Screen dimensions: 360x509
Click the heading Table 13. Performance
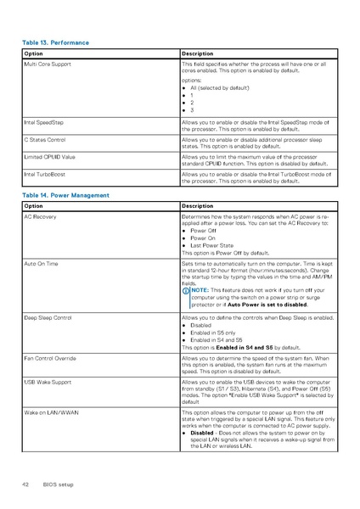56,42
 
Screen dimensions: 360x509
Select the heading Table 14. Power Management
65,195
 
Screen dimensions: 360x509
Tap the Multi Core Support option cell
48,64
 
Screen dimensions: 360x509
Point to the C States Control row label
46,139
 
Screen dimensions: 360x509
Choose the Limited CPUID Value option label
50,157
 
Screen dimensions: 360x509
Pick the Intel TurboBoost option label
45,174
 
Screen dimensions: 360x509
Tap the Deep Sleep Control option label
48,316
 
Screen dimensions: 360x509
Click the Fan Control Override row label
50,359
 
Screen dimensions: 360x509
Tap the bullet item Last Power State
213,244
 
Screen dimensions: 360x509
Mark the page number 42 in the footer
25,484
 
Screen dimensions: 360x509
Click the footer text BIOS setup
59,484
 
